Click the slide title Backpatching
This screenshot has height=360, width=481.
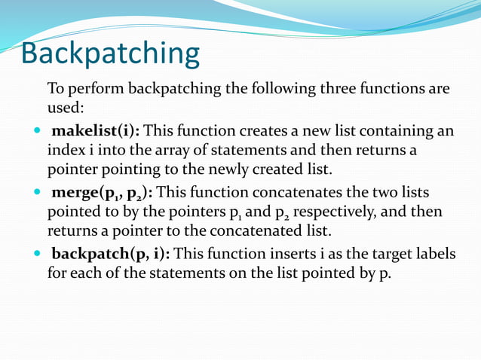pos(110,54)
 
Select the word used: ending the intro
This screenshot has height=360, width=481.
pos(66,108)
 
